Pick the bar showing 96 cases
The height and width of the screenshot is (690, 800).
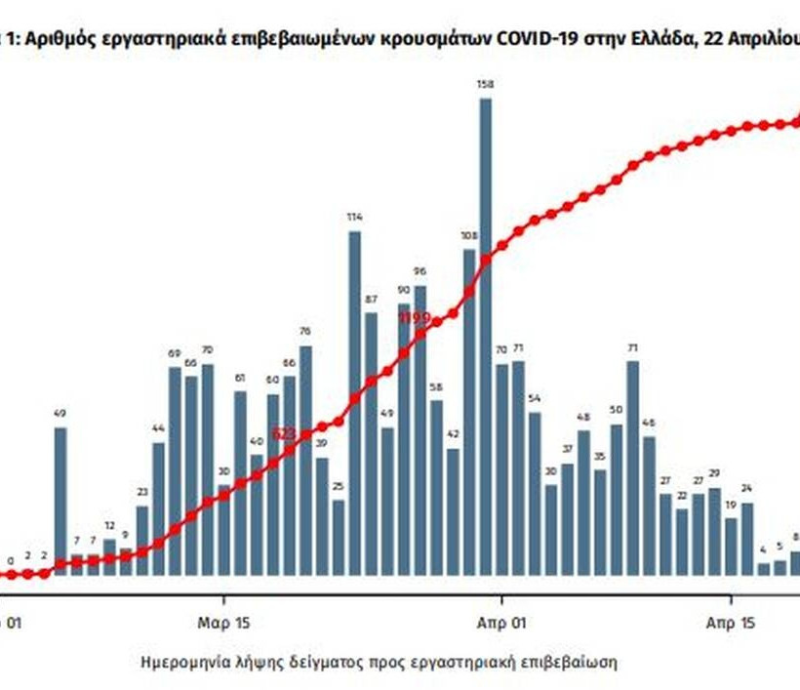[420, 429]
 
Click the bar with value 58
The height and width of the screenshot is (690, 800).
[436, 487]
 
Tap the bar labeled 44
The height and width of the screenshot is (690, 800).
[158, 508]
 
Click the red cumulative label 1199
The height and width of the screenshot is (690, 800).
[414, 317]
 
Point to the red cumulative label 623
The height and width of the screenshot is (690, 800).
[283, 432]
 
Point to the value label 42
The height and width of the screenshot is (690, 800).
[453, 432]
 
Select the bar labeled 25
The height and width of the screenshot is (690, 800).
[339, 538]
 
